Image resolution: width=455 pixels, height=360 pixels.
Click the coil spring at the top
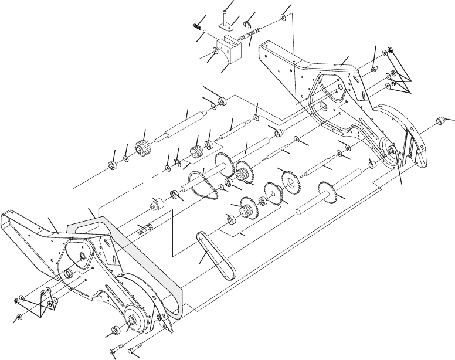pyautogui.click(x=198, y=25)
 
